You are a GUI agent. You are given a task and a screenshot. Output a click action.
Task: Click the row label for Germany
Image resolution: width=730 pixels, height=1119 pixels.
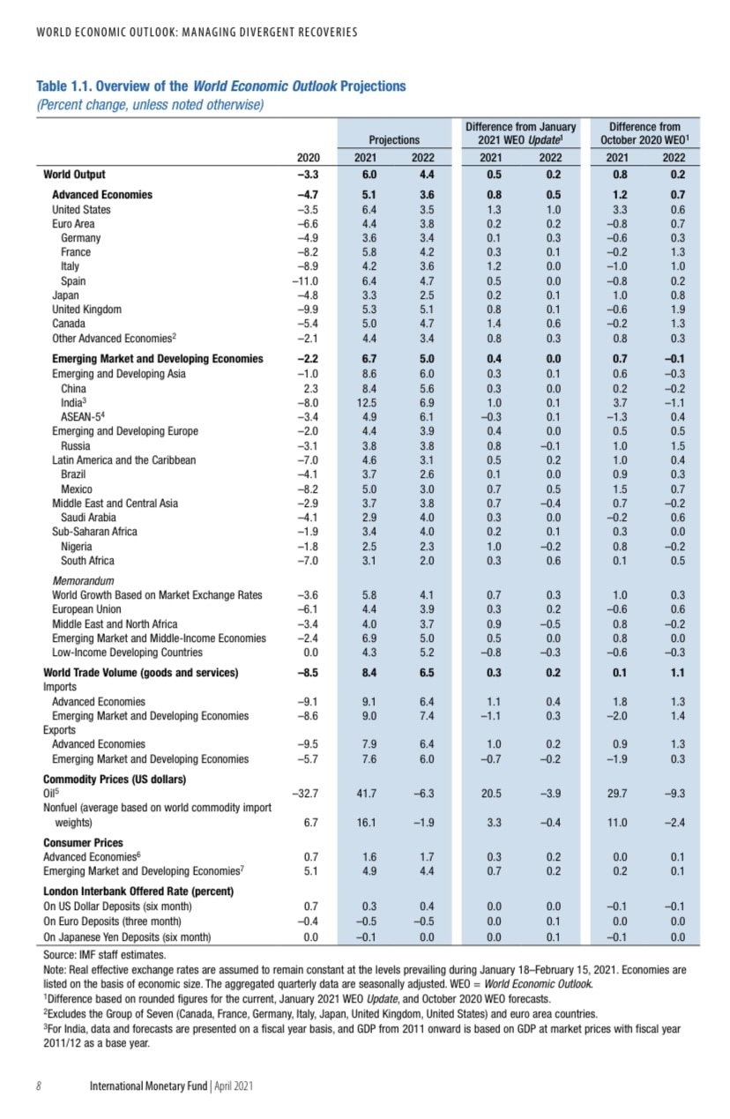coord(81,238)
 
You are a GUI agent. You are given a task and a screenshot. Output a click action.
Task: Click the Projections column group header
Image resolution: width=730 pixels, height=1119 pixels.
coord(394,139)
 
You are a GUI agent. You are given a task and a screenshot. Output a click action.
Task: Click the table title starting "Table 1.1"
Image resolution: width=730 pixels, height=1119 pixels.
coord(220,86)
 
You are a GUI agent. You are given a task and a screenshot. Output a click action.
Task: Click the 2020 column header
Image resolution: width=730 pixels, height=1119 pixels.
coord(307,157)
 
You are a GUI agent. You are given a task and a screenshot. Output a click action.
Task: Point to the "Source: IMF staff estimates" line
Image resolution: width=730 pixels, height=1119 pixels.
coord(104,954)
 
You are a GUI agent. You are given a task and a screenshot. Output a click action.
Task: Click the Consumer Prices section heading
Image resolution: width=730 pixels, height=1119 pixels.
coord(83,843)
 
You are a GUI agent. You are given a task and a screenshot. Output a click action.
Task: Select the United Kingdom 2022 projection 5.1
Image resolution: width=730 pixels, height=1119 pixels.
coord(425,310)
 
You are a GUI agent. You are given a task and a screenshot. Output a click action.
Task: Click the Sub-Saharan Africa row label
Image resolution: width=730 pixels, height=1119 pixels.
coord(97,532)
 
